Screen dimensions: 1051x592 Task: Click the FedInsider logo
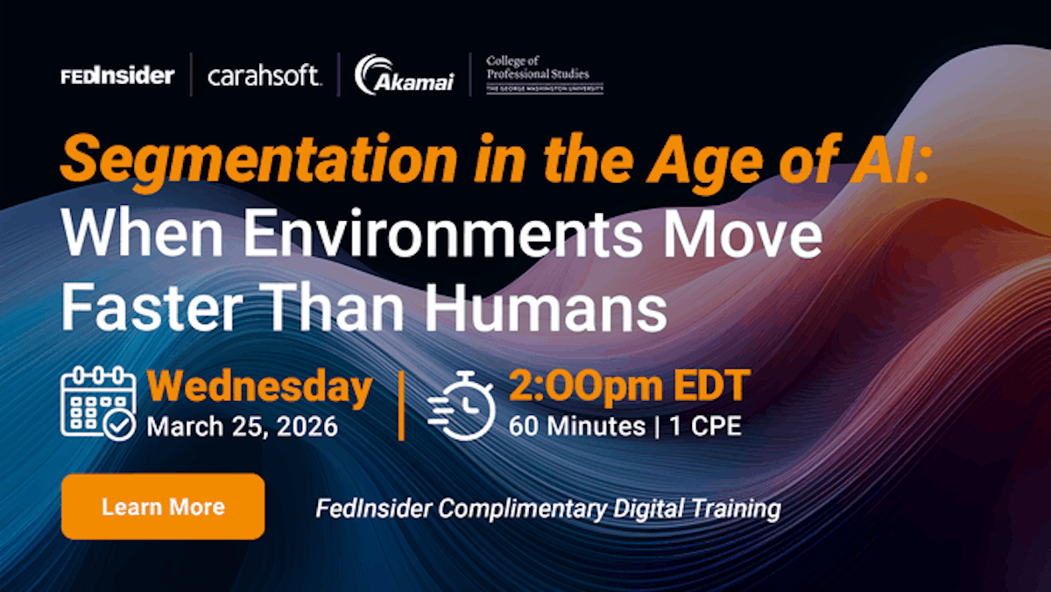tap(117, 76)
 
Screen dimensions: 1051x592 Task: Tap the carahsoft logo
tap(265, 75)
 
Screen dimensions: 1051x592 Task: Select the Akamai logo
tap(405, 75)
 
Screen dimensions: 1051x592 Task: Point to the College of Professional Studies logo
tap(544, 74)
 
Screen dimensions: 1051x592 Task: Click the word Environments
tap(442, 233)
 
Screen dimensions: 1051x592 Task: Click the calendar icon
tap(98, 404)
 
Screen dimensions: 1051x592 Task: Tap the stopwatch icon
tap(462, 405)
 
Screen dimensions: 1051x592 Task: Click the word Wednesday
tap(259, 386)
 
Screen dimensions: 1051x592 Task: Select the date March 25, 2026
tap(242, 426)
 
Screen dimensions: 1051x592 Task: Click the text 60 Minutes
tap(577, 426)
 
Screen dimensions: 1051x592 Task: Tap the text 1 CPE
tap(705, 426)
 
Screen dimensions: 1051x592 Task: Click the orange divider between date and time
tap(401, 405)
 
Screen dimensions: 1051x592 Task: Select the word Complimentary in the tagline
tap(523, 510)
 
